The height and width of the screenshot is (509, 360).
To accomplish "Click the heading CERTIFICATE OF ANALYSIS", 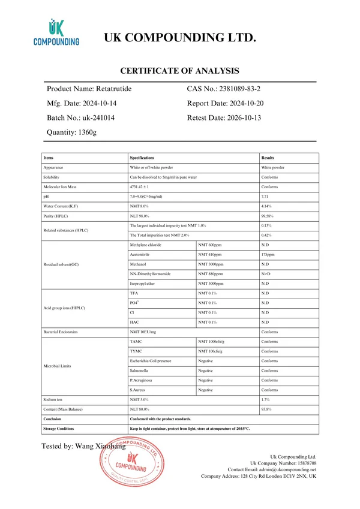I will pos(180,71).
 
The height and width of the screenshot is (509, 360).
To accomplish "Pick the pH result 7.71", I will pos(265,197).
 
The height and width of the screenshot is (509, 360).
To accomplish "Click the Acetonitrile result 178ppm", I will pos(268,254).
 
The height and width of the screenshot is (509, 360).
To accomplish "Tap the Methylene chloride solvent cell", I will pos(146,245).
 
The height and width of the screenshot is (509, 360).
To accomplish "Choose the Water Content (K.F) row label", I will pos(61,206).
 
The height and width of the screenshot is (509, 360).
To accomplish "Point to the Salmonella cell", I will pos(141,371).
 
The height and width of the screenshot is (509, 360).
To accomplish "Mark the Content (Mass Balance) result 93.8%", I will pos(268,409).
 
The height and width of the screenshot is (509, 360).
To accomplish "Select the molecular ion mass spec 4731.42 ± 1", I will pos(143,187).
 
